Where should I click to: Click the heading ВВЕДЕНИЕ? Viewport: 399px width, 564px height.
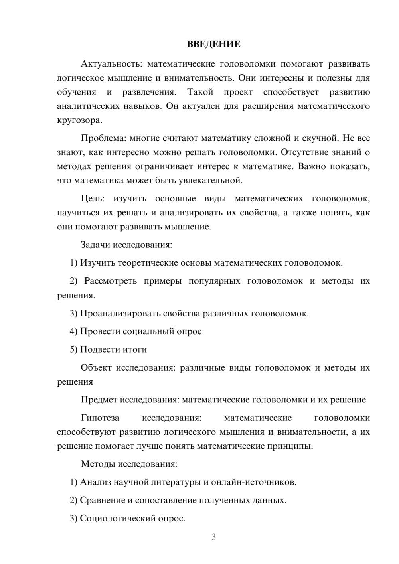pyautogui.click(x=213, y=44)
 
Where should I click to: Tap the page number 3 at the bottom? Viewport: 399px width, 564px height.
pyautogui.click(x=213, y=537)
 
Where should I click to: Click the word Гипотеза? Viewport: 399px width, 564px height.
pyautogui.click(x=100, y=418)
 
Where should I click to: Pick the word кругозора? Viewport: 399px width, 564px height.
pyautogui.click(x=79, y=120)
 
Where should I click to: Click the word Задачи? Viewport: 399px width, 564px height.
pyautogui.click(x=95, y=245)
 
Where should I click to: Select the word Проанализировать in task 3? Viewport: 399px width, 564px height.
pyautogui.click(x=120, y=313)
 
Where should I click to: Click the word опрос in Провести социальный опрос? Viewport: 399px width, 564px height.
pyautogui.click(x=189, y=331)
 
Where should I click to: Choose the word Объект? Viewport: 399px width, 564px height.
pyautogui.click(x=96, y=368)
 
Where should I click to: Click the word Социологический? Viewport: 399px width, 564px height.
pyautogui.click(x=117, y=519)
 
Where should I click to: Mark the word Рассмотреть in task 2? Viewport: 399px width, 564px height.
pyautogui.click(x=111, y=281)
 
